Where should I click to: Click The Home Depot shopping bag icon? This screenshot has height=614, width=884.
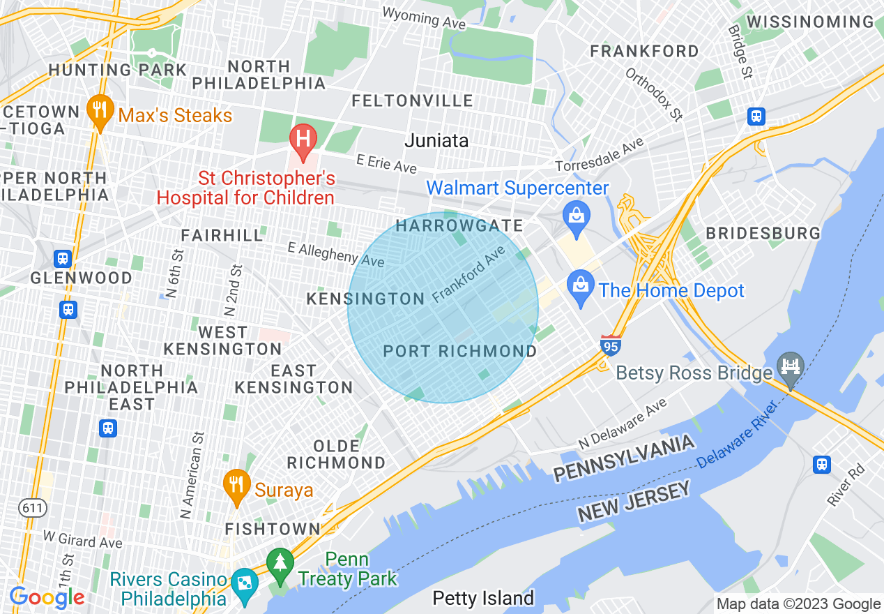[580, 285]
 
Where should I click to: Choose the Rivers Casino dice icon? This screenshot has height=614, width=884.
[245, 583]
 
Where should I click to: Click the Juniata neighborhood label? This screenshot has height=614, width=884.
[437, 140]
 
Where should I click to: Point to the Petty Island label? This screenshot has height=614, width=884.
[483, 598]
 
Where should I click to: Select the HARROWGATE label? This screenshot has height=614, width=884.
[459, 225]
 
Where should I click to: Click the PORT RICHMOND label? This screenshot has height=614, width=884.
[460, 351]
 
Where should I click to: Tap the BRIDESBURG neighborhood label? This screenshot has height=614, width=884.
[763, 233]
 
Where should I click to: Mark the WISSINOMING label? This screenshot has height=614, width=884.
[810, 22]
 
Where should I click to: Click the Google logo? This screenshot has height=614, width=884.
[47, 597]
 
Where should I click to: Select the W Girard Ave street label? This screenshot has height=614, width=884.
[82, 539]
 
